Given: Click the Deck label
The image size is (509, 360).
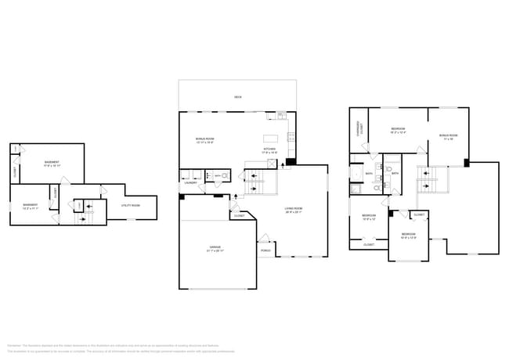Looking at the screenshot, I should [237, 97].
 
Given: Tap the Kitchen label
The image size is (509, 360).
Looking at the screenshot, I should [269, 149].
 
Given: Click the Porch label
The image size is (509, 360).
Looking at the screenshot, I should [266, 251].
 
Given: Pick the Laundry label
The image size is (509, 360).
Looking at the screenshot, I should [190, 183].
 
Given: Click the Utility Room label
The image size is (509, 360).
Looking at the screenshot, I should [131, 206].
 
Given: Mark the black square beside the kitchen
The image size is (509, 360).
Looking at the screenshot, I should [291, 163].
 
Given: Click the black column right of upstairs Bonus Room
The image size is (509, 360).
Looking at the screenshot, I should [467, 164].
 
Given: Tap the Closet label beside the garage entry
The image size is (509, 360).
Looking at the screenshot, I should [239, 215].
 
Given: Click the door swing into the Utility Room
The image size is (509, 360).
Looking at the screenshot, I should [103, 190].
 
